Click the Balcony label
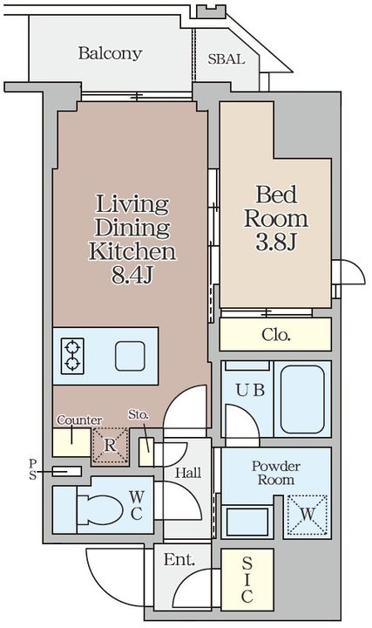110,53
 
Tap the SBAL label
226,59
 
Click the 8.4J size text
132,275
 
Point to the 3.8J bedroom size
276,242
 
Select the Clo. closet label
276,334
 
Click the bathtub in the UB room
302,399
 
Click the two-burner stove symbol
72,356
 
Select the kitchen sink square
130,356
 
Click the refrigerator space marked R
110,446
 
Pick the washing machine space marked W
308,515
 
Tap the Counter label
79,420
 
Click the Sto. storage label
139,414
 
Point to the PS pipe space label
32,469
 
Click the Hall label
188,473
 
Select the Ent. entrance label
179,559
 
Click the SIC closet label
247,579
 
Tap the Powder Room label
276,473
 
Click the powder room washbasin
247,522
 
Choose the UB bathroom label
250,390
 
